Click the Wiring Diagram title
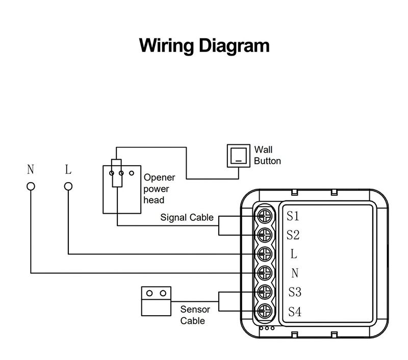pos(204,45)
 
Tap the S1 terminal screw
pos(265,216)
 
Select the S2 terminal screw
pos(265,235)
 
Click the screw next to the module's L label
pos(265,254)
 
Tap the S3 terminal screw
pos(265,292)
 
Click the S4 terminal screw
pos(265,311)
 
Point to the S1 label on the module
pos(293,216)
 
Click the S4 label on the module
pos(295,311)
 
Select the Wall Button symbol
pos(238,156)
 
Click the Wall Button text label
pos(267,156)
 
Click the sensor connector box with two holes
pos(156,300)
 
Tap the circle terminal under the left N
pos(31,186)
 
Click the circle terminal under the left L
pos(68,186)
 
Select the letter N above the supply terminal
pos(31,169)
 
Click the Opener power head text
pos(159,189)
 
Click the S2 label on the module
pos(293,235)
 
